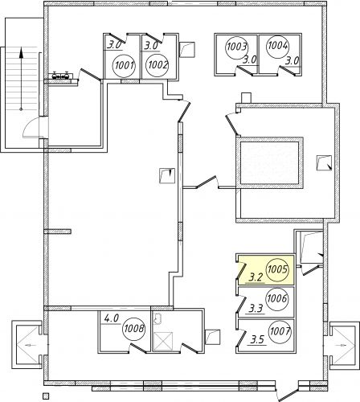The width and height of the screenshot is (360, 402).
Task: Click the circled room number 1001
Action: (124, 65)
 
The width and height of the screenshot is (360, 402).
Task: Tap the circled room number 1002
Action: (157, 65)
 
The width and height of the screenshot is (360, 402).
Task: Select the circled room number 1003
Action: (237, 47)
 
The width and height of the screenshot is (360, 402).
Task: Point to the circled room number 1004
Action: (278, 46)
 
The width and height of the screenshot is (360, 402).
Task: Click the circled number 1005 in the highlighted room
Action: (277, 269)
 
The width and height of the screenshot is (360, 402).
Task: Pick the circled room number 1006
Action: (277, 298)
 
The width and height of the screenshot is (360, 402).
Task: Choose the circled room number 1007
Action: (280, 332)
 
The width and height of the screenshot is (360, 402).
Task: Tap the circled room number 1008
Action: (134, 329)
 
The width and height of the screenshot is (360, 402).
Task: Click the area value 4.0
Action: (112, 319)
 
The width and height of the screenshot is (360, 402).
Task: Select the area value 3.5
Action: (257, 340)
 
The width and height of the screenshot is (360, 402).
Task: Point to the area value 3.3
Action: (256, 309)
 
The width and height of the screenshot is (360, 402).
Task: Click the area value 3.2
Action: (256, 277)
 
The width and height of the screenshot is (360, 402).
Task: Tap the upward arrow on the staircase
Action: (21, 79)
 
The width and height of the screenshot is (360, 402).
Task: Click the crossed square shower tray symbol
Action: (162, 342)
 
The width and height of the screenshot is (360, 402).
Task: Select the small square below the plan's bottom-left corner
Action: (46, 396)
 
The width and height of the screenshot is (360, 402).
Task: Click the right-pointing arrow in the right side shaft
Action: (341, 345)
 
